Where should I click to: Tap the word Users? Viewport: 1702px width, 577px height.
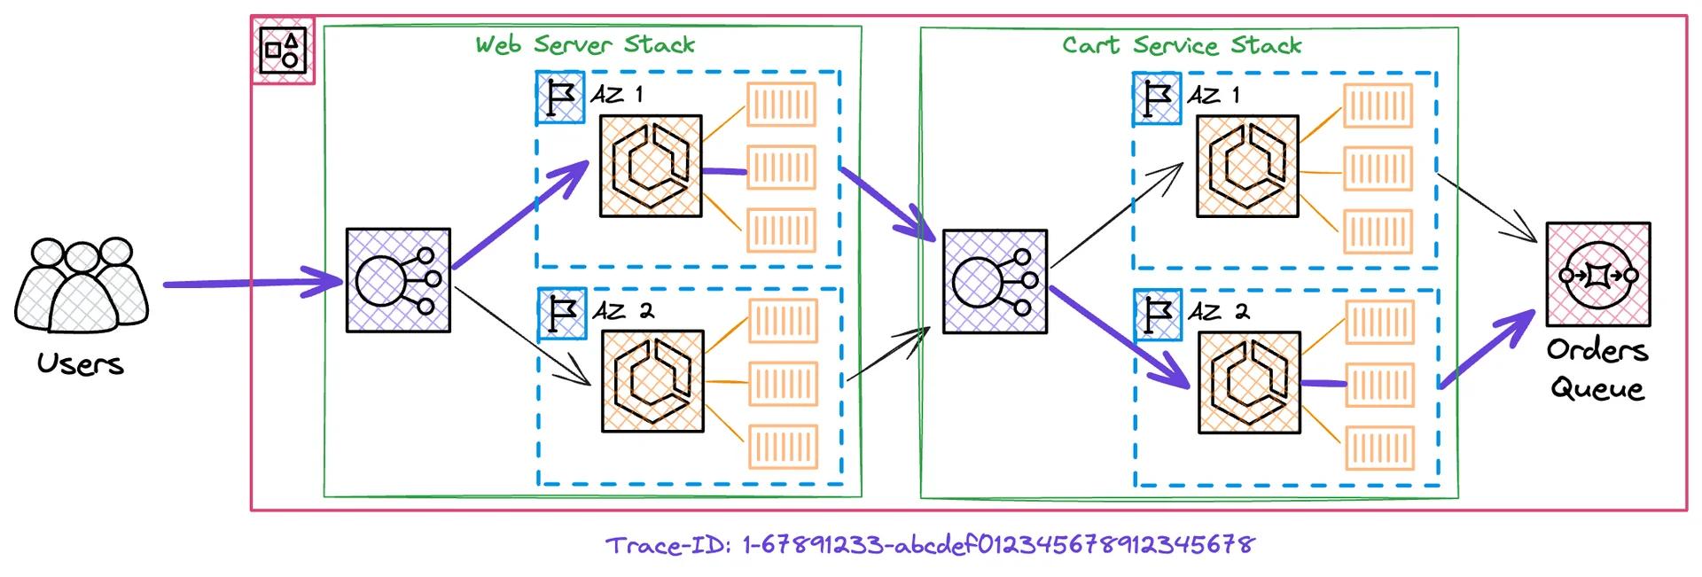[x=81, y=363]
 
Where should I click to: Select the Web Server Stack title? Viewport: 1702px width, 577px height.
[x=585, y=44]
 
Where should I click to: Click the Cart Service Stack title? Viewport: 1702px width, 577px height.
[x=1182, y=45]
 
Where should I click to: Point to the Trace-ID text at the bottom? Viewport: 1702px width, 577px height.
[x=930, y=544]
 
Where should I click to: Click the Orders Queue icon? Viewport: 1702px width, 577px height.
[x=1597, y=275]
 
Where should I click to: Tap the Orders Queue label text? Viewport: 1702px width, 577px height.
[x=1597, y=370]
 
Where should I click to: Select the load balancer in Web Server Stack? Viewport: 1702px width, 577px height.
[x=398, y=280]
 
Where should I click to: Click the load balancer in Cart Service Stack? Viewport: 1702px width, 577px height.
[x=995, y=282]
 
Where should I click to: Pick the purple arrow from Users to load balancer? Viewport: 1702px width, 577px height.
[x=253, y=285]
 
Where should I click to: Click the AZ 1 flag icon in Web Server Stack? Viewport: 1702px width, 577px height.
[x=560, y=97]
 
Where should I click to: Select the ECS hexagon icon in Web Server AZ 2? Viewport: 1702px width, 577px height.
[x=653, y=381]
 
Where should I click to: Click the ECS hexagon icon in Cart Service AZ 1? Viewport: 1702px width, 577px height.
[x=1247, y=166]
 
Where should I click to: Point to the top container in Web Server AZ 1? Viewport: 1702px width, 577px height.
[x=781, y=105]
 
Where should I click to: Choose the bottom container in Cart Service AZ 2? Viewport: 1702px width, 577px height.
[x=1379, y=448]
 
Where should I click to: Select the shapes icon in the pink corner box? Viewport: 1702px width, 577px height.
[x=283, y=51]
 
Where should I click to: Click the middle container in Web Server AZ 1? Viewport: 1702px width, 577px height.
[x=781, y=167]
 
